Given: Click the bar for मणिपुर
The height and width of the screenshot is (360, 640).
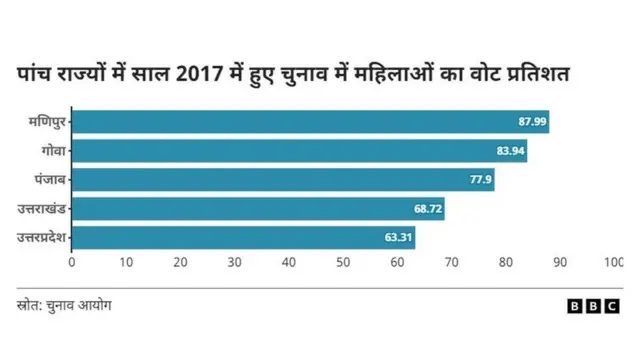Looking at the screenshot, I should [310, 122].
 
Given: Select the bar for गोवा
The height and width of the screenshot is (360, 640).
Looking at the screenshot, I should [299, 151].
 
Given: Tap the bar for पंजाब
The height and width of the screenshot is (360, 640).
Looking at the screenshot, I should [283, 180].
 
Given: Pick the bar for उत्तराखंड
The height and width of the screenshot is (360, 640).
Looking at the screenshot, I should [258, 209].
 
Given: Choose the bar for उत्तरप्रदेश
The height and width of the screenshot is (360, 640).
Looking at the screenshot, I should [243, 238].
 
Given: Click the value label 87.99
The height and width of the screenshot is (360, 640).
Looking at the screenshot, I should [530, 122].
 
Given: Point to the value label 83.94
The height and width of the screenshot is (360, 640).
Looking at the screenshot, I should [508, 151].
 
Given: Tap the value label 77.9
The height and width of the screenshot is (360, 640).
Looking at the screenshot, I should [479, 180].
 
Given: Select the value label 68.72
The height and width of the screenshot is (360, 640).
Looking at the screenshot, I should [426, 209].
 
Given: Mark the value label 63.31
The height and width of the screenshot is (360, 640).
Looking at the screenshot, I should [396, 238].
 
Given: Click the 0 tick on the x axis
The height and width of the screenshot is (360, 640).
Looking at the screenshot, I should [72, 262].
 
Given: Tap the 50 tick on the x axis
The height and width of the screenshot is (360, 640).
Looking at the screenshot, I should [343, 262].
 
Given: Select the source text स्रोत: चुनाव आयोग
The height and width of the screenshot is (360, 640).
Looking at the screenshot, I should [64, 305].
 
